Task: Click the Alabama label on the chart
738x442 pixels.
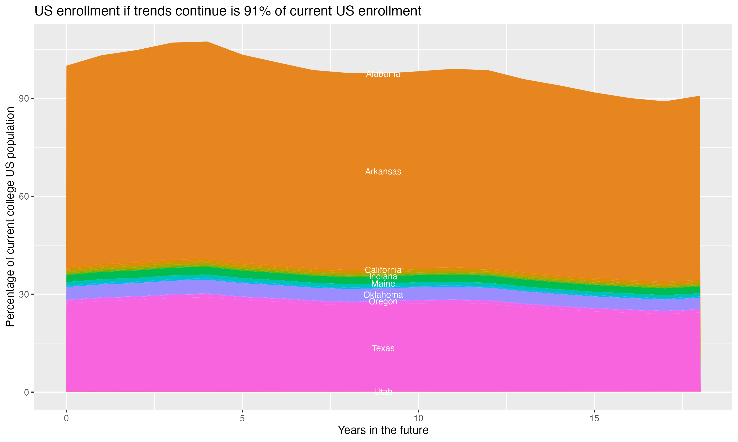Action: [x=383, y=74]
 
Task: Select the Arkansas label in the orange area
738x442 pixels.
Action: [x=383, y=172]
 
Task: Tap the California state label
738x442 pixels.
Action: [x=383, y=270]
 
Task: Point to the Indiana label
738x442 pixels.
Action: [x=383, y=276]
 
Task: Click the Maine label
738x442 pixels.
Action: [x=383, y=284]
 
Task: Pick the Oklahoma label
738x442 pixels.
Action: [x=383, y=295]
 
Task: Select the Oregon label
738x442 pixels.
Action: [x=383, y=302]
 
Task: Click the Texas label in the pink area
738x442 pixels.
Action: [x=383, y=348]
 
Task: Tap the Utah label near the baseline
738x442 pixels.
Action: [x=383, y=392]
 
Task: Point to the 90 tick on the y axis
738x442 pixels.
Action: [x=24, y=98]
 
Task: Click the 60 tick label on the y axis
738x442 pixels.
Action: [x=24, y=197]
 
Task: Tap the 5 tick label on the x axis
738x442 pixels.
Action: [x=242, y=418]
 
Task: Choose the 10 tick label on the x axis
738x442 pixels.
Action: [x=418, y=418]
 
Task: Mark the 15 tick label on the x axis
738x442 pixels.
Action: [x=594, y=418]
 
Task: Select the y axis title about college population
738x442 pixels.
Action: [x=10, y=217]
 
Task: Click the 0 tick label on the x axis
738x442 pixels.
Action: [x=66, y=418]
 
